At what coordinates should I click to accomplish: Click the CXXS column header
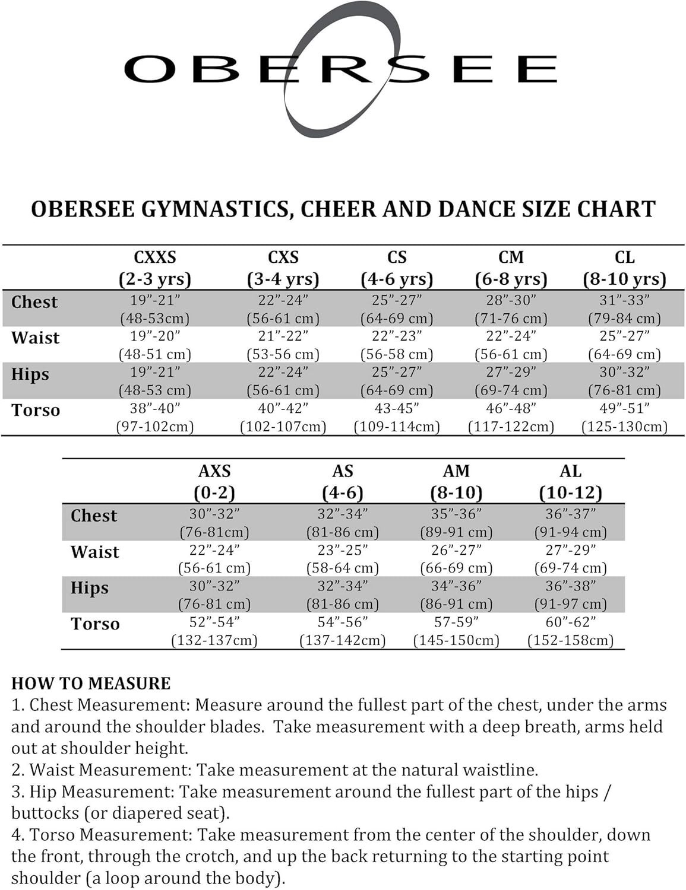[155, 268]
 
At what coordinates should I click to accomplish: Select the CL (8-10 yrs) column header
[624, 268]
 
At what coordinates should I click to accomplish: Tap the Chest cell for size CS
[397, 309]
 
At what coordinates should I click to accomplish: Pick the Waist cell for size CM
[511, 345]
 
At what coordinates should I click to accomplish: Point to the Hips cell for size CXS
[283, 381]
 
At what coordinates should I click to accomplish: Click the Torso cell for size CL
[624, 417]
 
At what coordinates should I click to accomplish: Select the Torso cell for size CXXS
[155, 417]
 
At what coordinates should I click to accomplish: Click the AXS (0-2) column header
[214, 481]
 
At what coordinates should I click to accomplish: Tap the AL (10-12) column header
[570, 481]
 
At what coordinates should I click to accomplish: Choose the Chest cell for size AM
[456, 522]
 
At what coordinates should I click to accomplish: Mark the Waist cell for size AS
[343, 558]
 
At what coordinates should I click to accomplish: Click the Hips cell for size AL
[570, 595]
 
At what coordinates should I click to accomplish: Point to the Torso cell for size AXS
[214, 631]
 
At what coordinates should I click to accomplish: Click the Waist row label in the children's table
[36, 338]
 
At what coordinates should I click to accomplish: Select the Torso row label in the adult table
[95, 624]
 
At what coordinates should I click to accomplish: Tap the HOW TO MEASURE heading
[91, 684]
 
